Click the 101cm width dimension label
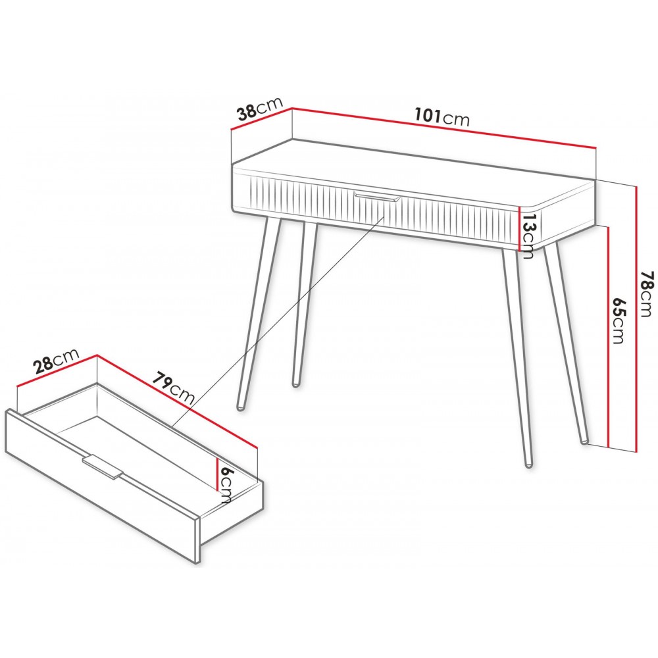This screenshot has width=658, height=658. (442, 117)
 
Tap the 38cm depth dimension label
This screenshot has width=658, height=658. (260, 109)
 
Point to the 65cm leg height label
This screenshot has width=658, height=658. (618, 320)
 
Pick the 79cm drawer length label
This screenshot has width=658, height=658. (173, 388)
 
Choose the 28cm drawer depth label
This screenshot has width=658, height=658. (57, 360)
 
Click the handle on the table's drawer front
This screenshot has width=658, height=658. (377, 197)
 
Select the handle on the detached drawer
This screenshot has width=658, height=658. (103, 467)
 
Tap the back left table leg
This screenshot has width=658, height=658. (304, 304)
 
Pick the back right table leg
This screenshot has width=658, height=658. (566, 343)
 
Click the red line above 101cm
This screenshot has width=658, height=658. (444, 128)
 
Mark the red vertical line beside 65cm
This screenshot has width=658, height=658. (607, 336)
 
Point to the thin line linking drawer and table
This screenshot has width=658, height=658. (278, 322)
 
